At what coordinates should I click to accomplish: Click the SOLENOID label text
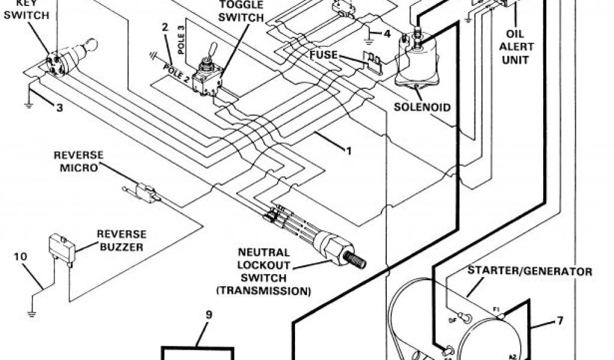[x=422, y=107]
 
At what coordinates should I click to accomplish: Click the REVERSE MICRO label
[x=79, y=161]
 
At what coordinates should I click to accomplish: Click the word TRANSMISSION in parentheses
[x=264, y=292]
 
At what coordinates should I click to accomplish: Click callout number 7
[x=559, y=320]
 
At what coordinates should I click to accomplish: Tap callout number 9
[x=208, y=314]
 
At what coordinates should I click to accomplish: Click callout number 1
[x=347, y=150]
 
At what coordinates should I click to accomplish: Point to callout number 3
[x=59, y=108]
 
